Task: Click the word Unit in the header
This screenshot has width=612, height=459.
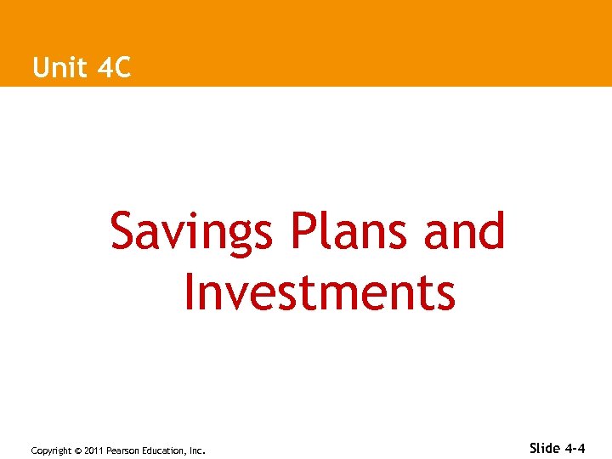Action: tap(59, 67)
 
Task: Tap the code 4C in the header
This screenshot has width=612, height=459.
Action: tap(115, 67)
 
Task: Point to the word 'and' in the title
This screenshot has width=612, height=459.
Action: tap(465, 231)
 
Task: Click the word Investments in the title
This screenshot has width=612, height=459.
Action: tap(320, 292)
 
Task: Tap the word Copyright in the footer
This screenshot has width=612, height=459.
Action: tap(50, 450)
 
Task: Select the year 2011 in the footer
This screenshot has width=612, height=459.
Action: tap(93, 450)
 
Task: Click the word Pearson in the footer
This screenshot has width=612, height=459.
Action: tap(122, 450)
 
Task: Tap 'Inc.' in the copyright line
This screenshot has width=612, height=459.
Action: tap(196, 450)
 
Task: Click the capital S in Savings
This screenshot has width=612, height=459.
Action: tap(124, 231)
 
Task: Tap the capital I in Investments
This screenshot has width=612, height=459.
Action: tap(188, 292)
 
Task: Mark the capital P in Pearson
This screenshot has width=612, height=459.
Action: tap(109, 450)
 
